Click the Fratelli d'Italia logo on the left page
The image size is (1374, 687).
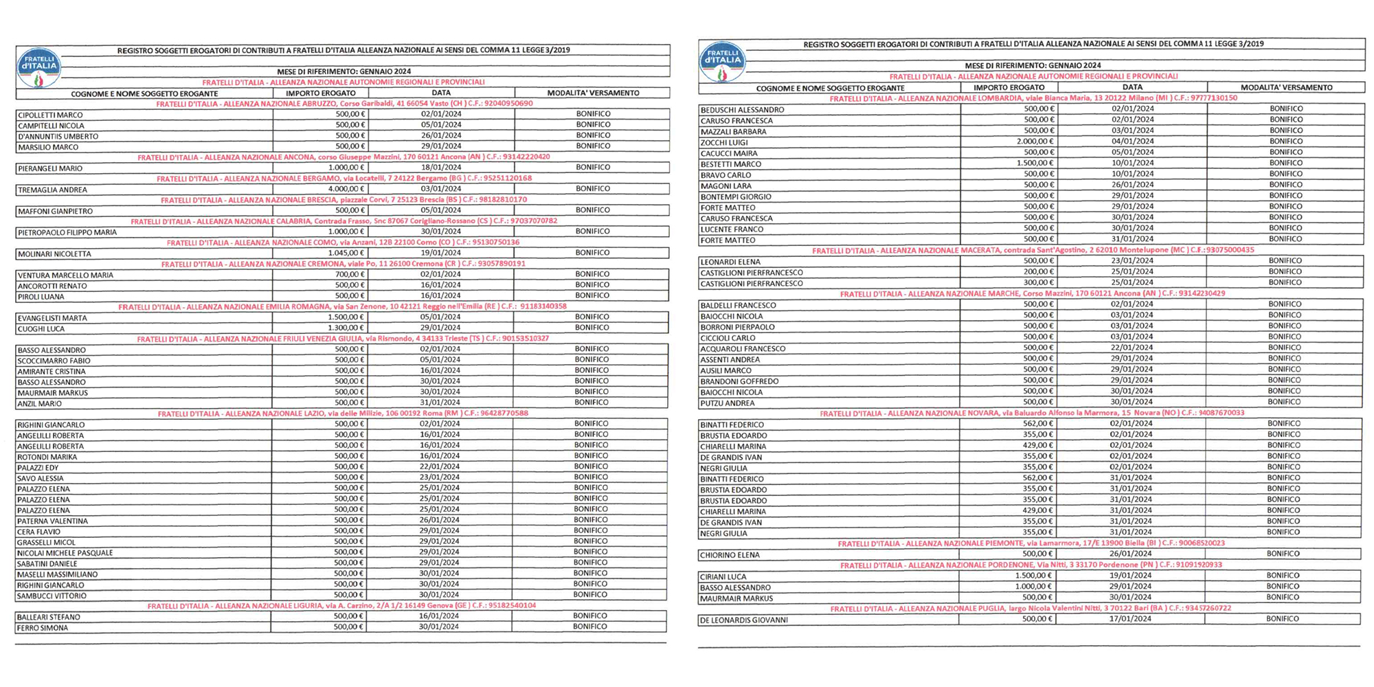38,68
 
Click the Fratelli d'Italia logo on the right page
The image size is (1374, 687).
721,62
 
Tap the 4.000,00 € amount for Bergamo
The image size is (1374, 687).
347,189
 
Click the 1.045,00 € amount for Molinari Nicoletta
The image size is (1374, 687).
347,253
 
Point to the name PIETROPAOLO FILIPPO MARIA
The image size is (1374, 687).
67,232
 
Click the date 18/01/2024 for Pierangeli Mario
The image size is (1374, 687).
441,168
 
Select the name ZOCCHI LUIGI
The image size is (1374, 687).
724,142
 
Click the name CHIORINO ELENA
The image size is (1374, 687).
730,554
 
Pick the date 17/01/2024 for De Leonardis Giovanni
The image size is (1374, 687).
1131,619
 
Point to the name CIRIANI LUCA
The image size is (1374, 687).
723,576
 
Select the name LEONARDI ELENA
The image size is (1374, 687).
730,262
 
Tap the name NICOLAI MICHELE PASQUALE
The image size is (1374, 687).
65,553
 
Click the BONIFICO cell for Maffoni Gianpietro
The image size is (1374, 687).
593,210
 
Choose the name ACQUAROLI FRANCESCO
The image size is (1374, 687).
743,348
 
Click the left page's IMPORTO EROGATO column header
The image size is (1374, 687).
321,93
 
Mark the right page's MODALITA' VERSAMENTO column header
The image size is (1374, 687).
1286,87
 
